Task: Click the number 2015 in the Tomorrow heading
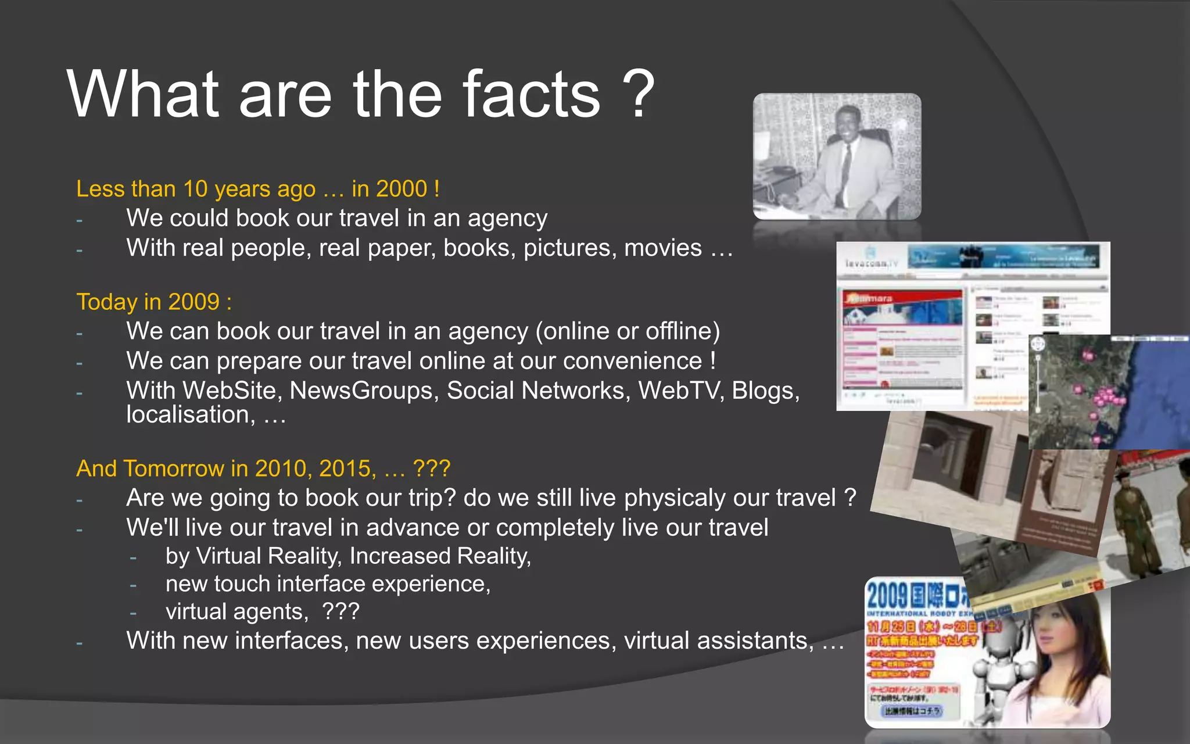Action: [347, 468]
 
